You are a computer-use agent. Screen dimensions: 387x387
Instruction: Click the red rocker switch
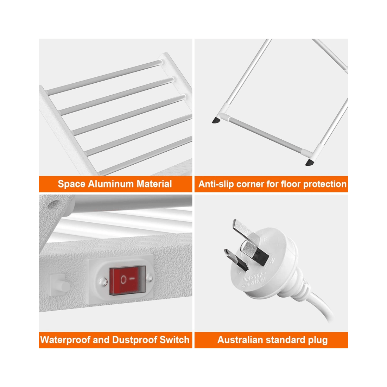127,280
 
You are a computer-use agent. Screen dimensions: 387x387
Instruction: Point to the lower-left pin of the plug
233,258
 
